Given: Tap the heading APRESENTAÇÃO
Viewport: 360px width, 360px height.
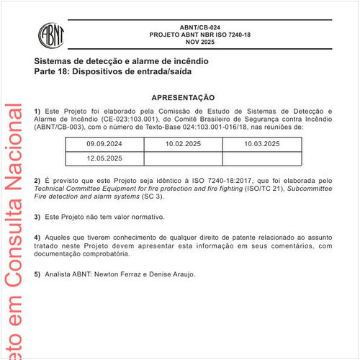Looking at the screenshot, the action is point(182,97).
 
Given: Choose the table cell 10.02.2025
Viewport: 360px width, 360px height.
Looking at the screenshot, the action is point(184,144).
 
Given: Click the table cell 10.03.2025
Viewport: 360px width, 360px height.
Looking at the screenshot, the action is point(261,144).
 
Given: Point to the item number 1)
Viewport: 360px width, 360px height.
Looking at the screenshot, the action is point(37,110).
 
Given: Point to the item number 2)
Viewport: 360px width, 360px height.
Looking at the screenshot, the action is point(37,178).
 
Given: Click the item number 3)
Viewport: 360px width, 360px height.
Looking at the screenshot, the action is point(37,217).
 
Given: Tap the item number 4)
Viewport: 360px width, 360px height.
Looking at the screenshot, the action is point(37,237).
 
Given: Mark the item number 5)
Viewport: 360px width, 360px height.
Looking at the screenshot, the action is point(37,274).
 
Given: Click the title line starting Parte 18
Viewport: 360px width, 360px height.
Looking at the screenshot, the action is point(112,72).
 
